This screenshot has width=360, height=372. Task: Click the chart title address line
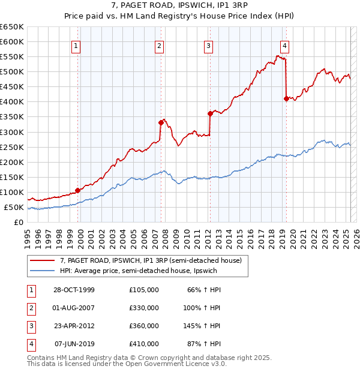pyautogui.click(x=179, y=7)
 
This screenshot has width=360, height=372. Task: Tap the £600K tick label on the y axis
pyautogui.click(x=12, y=41)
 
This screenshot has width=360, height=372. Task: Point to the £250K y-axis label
pyautogui.click(x=12, y=147)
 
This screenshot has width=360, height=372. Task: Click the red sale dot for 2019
pyautogui.click(x=286, y=98)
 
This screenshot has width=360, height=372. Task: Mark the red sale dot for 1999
pyautogui.click(x=78, y=191)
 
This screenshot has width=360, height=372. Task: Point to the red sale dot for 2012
pyautogui.click(x=210, y=113)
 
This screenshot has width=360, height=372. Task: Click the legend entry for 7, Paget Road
pyautogui.click(x=150, y=260)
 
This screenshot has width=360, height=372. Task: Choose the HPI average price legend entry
pyautogui.click(x=142, y=271)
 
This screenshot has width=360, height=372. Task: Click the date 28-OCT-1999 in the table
pyautogui.click(x=74, y=290)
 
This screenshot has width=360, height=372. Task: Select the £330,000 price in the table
pyautogui.click(x=144, y=308)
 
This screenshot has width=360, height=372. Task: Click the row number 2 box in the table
pyautogui.click(x=31, y=308)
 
